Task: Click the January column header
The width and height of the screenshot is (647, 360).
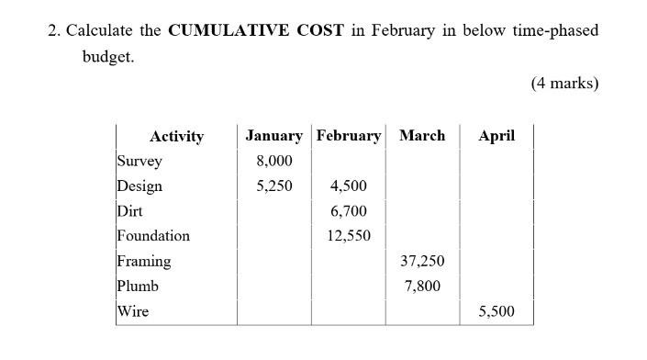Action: pyautogui.click(x=273, y=136)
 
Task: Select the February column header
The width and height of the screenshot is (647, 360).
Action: pyautogui.click(x=349, y=136)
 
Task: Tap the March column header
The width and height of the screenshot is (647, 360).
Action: pyautogui.click(x=422, y=136)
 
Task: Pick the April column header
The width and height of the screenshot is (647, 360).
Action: pyautogui.click(x=496, y=136)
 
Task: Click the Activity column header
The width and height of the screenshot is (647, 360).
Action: pyautogui.click(x=176, y=137)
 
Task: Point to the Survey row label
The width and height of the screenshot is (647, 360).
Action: pyautogui.click(x=139, y=161)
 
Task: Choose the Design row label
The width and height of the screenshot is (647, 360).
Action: pyautogui.click(x=139, y=186)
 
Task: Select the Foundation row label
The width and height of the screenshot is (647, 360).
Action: pyautogui.click(x=153, y=236)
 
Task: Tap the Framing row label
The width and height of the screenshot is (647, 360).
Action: pyautogui.click(x=144, y=261)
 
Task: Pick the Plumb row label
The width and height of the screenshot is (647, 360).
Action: pyautogui.click(x=138, y=286)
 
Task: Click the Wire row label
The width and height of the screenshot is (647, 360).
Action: pyautogui.click(x=133, y=311)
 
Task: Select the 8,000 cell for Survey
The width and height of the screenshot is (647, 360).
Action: pyautogui.click(x=274, y=161)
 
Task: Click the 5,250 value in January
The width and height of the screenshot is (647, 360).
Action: pyautogui.click(x=274, y=186)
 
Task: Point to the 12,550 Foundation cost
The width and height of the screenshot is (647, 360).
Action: pyautogui.click(x=349, y=236)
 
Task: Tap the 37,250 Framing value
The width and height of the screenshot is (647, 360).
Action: pyautogui.click(x=422, y=261)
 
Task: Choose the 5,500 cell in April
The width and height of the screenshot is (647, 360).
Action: pyautogui.click(x=496, y=311)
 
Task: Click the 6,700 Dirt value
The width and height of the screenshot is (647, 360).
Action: pyautogui.click(x=349, y=211)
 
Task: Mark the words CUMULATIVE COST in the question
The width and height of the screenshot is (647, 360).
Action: pyautogui.click(x=255, y=30)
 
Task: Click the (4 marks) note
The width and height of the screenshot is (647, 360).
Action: pyautogui.click(x=564, y=84)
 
